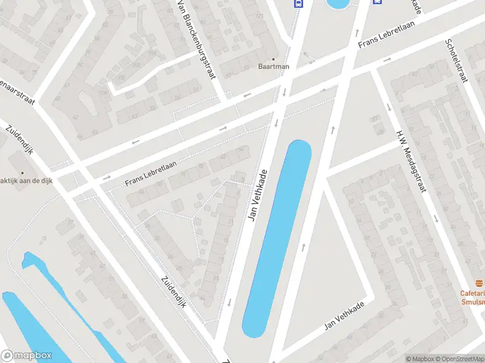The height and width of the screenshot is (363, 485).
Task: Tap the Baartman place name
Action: coord(274,67)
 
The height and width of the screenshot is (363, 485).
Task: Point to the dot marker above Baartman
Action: coord(274,59)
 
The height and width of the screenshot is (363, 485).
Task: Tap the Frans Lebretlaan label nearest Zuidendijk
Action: coord(150,173)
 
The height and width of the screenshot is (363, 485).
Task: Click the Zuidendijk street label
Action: coord(173,292)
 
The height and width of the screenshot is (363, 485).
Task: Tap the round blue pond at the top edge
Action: coord(337,4)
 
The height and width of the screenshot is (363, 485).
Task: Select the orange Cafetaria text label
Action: coord(472,293)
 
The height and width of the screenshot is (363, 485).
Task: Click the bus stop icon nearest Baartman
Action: coord(298,3)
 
